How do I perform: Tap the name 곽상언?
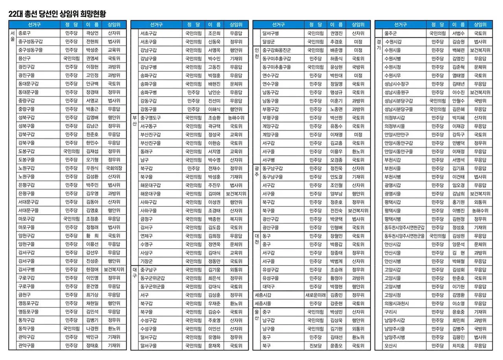pyautogui.click(x=92, y=33)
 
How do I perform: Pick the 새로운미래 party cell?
pyautogui.click(x=315, y=295)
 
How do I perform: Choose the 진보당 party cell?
pyautogui.click(x=315, y=346)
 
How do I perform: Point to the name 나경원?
pyautogui.click(x=92, y=329)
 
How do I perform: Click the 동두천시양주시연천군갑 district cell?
pyautogui.click(x=404, y=227)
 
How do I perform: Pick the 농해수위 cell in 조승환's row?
pyautogui.click(x=236, y=118)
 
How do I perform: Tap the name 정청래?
pyautogui.click(x=92, y=227)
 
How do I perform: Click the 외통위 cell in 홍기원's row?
pyautogui.click(x=480, y=202)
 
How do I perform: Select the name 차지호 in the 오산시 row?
pyautogui.click(x=458, y=346)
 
